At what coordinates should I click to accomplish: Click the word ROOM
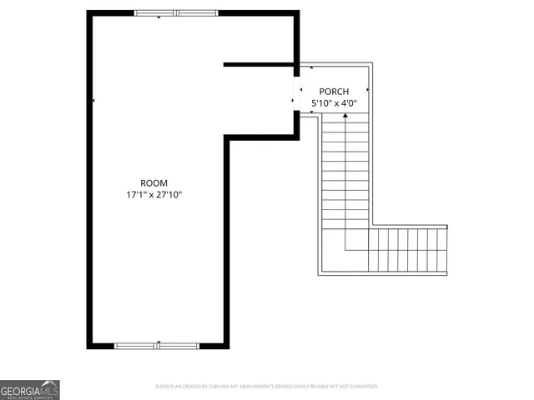154,183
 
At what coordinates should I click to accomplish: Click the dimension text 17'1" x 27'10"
154,195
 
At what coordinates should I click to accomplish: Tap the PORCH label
334,92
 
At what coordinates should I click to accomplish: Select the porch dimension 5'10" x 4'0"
334,103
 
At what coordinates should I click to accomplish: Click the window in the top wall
176,13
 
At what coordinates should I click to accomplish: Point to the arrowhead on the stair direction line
345,114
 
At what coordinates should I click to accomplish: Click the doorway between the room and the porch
297,93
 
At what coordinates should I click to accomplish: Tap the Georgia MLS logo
29,389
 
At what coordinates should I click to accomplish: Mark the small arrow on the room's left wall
93,101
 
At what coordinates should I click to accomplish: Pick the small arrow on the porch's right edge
369,89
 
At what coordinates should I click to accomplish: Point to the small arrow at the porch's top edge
310,67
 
